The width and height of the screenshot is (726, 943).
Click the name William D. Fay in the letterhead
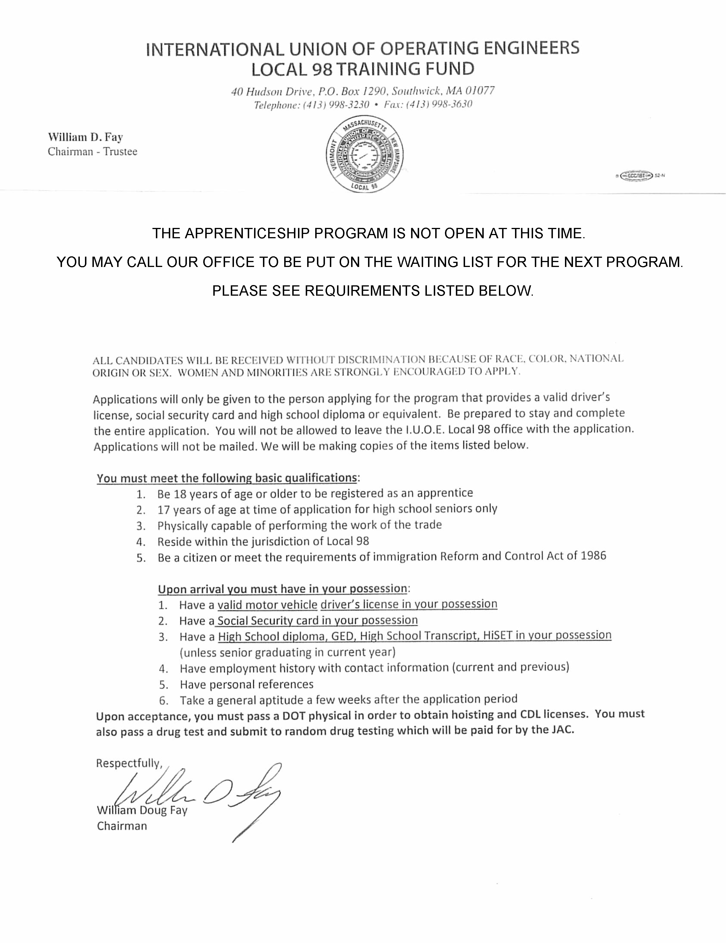click(86, 137)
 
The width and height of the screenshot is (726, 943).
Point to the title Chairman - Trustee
click(92, 152)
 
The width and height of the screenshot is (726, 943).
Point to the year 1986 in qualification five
click(593, 556)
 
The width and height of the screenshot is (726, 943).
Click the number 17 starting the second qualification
click(164, 510)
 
